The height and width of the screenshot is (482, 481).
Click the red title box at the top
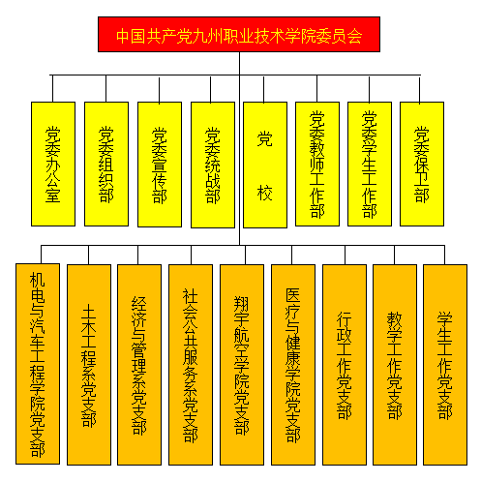(239, 35)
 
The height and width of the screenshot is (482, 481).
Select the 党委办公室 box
(53, 164)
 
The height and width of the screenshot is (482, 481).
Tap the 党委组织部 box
(106, 164)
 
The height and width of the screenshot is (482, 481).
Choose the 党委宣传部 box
(160, 165)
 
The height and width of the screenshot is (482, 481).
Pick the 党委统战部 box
(213, 165)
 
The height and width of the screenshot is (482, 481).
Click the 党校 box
(265, 165)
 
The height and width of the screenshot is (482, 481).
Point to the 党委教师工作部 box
(317, 164)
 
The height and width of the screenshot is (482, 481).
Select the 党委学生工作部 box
(370, 164)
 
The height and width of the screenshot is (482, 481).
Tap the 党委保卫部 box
(422, 164)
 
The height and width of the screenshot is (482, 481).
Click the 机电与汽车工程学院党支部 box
(38, 364)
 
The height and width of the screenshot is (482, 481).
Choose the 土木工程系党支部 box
(89, 365)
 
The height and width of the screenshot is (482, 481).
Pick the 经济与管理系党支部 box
(139, 365)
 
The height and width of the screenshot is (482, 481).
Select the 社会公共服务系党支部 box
(191, 365)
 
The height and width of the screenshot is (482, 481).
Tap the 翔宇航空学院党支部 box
(242, 365)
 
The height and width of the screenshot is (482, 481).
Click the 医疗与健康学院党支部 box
(293, 365)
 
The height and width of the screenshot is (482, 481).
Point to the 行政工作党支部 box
(345, 365)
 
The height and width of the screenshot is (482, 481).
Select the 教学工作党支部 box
(395, 365)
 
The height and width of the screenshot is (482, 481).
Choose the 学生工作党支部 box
(445, 365)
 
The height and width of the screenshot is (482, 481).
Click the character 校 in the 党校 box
(265, 193)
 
